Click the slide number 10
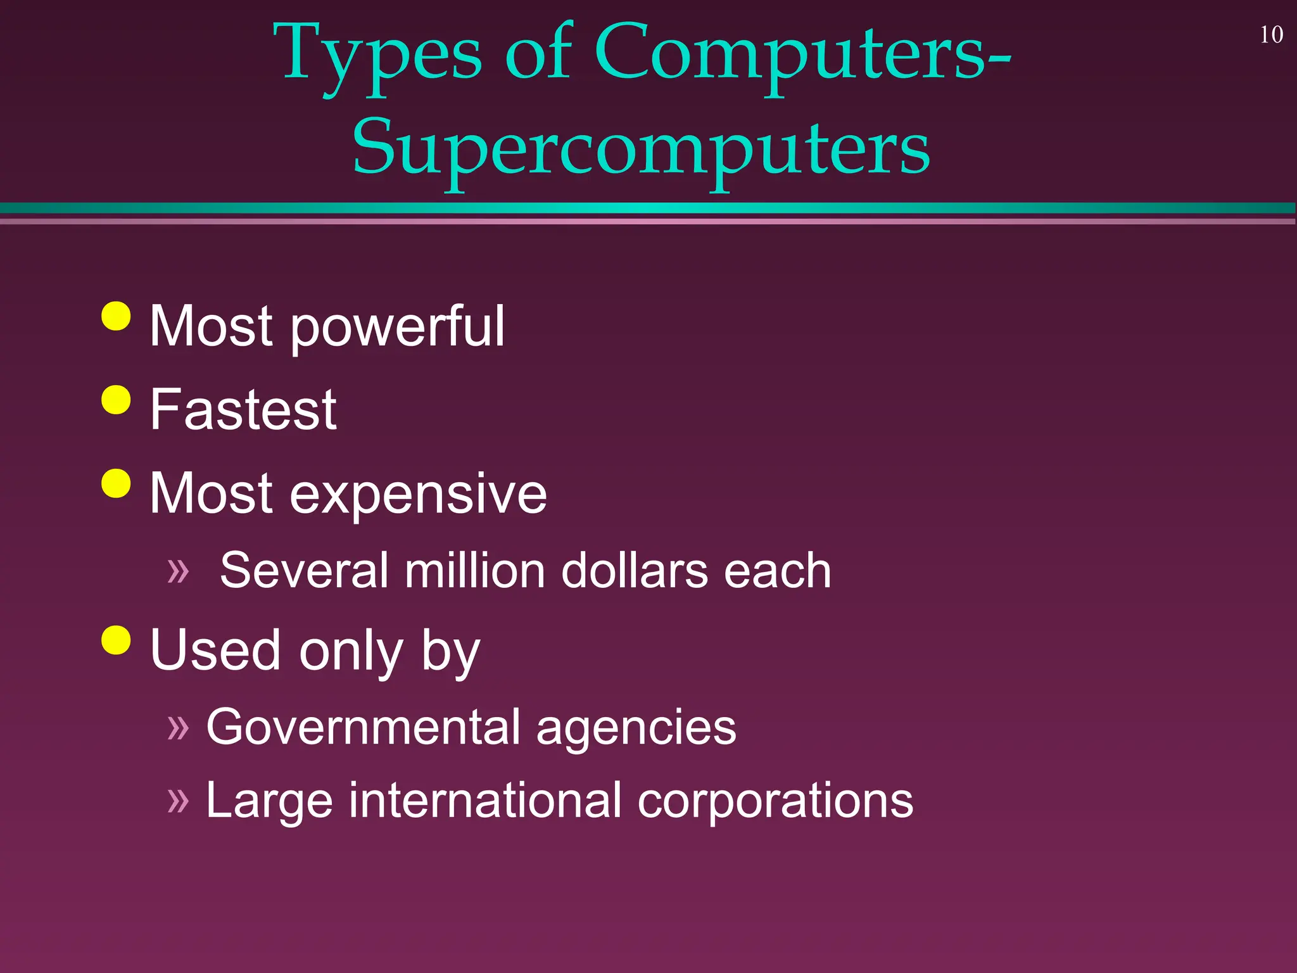point(1271,35)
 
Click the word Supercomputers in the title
point(641,149)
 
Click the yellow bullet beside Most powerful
point(116,315)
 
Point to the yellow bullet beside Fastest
point(116,400)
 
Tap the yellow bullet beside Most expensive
point(116,483)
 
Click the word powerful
point(397,328)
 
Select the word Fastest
point(243,410)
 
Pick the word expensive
point(418,494)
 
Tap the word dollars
point(635,571)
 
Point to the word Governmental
point(363,727)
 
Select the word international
point(485,801)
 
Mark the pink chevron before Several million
point(178,571)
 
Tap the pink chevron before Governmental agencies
point(178,727)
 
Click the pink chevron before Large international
point(178,801)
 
